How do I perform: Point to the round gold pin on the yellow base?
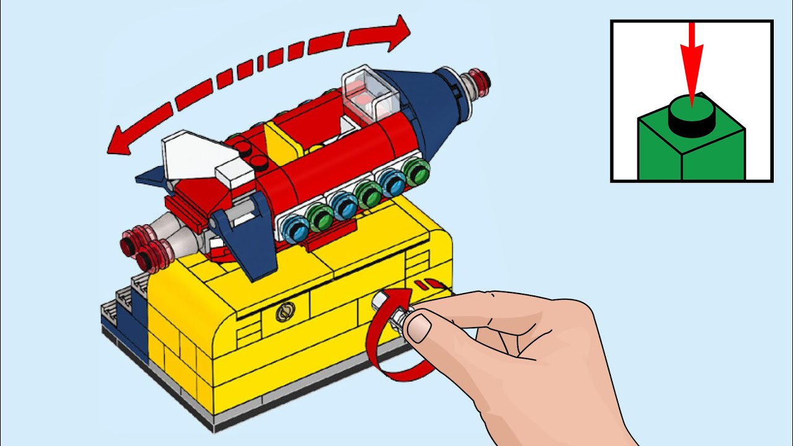[x=284, y=312]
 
